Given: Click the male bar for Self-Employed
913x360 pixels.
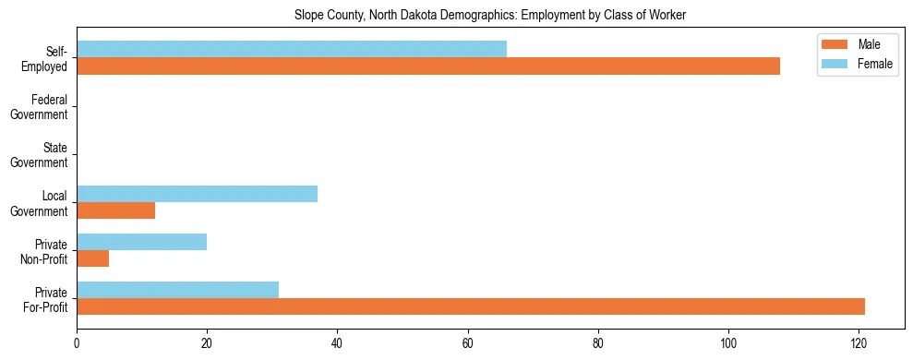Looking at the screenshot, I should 428,66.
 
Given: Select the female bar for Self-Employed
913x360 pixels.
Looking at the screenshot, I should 292,50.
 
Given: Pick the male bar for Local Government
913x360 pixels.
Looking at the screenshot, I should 115,210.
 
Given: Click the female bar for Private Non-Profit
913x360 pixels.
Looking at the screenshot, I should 141,242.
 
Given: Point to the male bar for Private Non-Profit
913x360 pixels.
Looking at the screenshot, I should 92,258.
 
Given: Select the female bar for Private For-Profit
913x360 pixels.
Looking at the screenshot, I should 177,290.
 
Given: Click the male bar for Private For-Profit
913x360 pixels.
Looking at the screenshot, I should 471,306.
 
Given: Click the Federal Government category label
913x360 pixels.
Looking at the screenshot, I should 48,106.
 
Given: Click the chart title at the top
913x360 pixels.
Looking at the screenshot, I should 490,16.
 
